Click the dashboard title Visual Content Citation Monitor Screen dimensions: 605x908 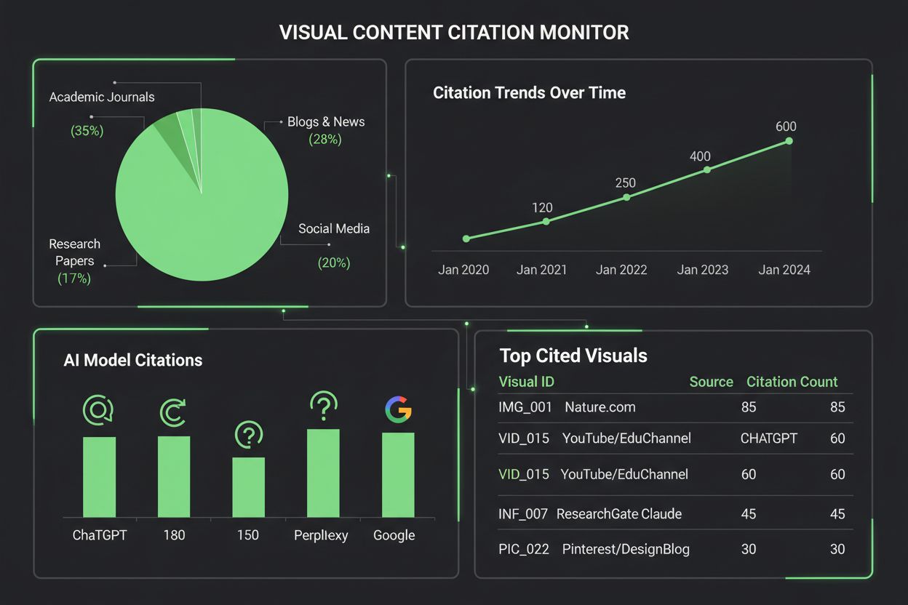(x=454, y=33)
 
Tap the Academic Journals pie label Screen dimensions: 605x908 (x=102, y=97)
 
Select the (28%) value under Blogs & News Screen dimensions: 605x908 (x=325, y=140)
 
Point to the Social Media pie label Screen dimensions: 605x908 (x=334, y=228)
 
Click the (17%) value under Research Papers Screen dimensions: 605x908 (x=74, y=279)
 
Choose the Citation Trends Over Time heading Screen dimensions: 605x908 (x=529, y=93)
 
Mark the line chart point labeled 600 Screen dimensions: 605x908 (x=789, y=141)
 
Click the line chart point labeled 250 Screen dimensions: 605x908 (x=626, y=197)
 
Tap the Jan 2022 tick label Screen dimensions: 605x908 (x=621, y=270)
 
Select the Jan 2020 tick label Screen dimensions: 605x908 (x=463, y=270)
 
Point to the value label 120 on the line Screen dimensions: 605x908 (x=542, y=207)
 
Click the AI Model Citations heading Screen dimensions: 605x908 (x=133, y=360)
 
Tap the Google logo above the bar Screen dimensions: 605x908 (x=398, y=410)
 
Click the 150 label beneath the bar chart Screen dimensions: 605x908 (x=248, y=535)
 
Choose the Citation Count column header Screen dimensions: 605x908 (x=792, y=382)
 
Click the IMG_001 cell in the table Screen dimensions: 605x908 (x=525, y=407)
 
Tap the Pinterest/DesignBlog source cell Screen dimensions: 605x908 (x=626, y=549)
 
